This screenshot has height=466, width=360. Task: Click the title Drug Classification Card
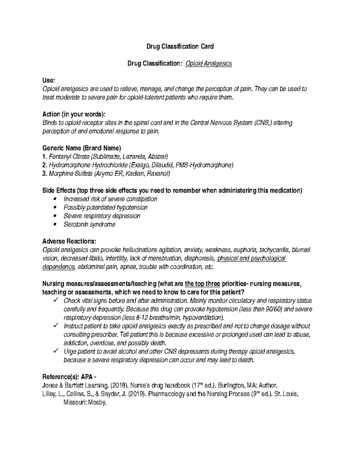(x=180, y=47)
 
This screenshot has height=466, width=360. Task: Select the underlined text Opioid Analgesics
(x=209, y=64)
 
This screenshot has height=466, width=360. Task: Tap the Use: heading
(x=49, y=80)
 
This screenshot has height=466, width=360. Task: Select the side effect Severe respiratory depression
(x=102, y=216)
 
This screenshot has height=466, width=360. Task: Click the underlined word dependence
(x=58, y=267)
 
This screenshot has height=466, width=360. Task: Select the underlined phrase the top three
(x=202, y=284)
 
